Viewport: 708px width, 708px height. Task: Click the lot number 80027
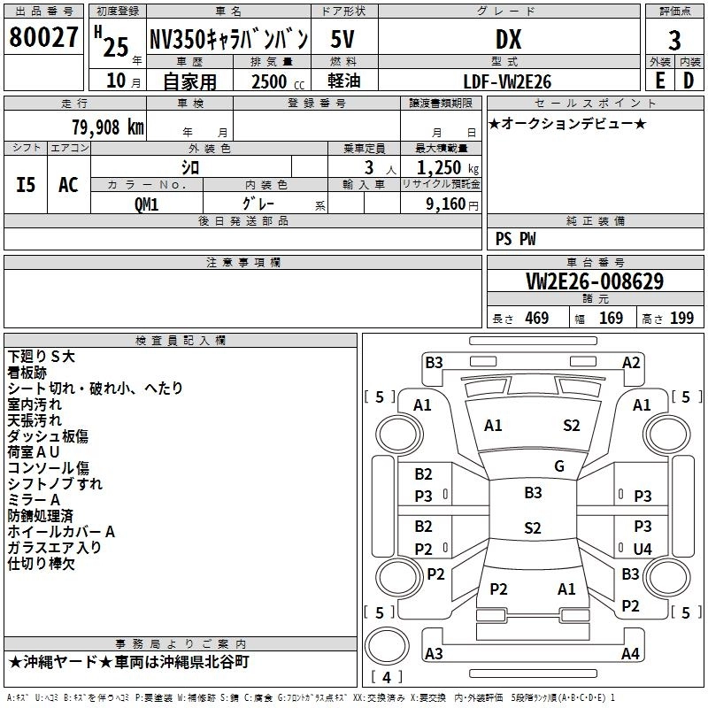[x=43, y=39]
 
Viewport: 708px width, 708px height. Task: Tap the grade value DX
[x=508, y=39]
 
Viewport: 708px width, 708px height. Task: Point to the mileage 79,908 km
[x=107, y=127]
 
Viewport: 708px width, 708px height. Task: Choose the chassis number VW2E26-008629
[x=594, y=281]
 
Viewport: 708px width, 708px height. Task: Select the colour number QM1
[x=147, y=204]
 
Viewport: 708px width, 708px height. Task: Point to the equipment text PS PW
[x=515, y=239]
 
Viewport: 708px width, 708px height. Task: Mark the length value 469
[x=536, y=319]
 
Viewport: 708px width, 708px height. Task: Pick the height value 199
[x=682, y=319]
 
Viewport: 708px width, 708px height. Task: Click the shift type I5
[x=26, y=184]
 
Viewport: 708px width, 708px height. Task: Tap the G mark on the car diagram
[x=559, y=466]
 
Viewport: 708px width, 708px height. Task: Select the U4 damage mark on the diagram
[x=643, y=550]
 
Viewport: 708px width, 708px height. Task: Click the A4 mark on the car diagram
[x=630, y=654]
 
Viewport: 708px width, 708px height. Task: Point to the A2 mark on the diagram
[x=631, y=362]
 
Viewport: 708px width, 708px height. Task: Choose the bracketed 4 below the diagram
[x=385, y=678]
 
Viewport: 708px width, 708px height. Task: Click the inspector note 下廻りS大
[x=43, y=356]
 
